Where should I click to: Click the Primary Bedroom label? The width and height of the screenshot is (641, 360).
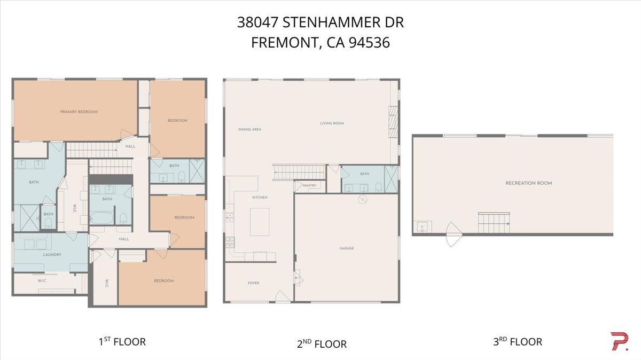click(x=79, y=112)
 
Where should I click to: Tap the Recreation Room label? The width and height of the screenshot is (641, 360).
click(x=528, y=183)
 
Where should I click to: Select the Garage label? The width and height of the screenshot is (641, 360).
click(x=346, y=248)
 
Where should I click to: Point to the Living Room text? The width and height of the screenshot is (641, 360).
click(x=332, y=123)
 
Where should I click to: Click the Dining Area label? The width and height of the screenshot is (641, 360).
click(x=249, y=129)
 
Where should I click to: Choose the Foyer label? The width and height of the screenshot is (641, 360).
click(x=253, y=283)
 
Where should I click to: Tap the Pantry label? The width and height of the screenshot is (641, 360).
click(x=309, y=186)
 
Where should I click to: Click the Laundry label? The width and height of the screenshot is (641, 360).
click(x=52, y=255)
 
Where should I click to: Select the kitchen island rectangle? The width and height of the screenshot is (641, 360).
click(x=260, y=222)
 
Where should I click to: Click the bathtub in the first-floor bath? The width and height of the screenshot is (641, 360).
click(x=101, y=218)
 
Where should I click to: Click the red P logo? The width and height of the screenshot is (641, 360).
click(x=619, y=341)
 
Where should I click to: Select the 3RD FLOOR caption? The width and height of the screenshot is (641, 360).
click(x=517, y=341)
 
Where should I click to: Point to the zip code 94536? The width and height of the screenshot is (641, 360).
click(x=369, y=43)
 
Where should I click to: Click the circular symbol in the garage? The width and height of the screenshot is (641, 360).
click(x=362, y=200)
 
